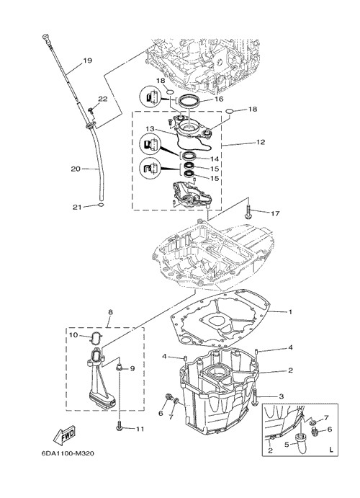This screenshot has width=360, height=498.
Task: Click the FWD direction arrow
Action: click(x=64, y=434)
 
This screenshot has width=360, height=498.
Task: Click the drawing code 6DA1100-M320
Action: click(x=68, y=453)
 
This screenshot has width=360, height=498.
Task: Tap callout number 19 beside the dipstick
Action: click(x=88, y=60)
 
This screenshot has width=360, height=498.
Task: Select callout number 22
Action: click(x=103, y=99)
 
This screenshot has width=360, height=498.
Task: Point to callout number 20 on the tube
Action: click(x=76, y=169)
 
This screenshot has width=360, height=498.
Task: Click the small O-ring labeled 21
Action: click(x=101, y=205)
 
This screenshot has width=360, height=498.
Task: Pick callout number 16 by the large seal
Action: click(x=219, y=99)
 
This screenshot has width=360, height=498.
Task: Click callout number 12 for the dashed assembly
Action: click(x=261, y=142)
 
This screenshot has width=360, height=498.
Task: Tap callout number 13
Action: click(x=150, y=129)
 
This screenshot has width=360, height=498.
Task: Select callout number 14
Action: click(x=215, y=159)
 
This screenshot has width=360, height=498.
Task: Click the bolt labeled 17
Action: click(x=248, y=212)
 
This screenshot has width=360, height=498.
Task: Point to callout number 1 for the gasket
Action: click(x=290, y=312)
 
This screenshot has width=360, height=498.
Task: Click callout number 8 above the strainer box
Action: click(x=110, y=312)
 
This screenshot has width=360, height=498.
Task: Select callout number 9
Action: click(x=132, y=369)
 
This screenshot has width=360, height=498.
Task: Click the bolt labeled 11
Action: click(x=120, y=426)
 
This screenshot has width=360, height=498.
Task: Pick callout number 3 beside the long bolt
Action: click(x=281, y=396)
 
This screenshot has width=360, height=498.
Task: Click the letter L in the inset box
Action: click(x=331, y=450)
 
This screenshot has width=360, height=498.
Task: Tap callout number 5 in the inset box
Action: click(x=287, y=445)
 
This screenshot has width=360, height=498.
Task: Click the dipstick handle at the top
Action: click(x=46, y=37)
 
